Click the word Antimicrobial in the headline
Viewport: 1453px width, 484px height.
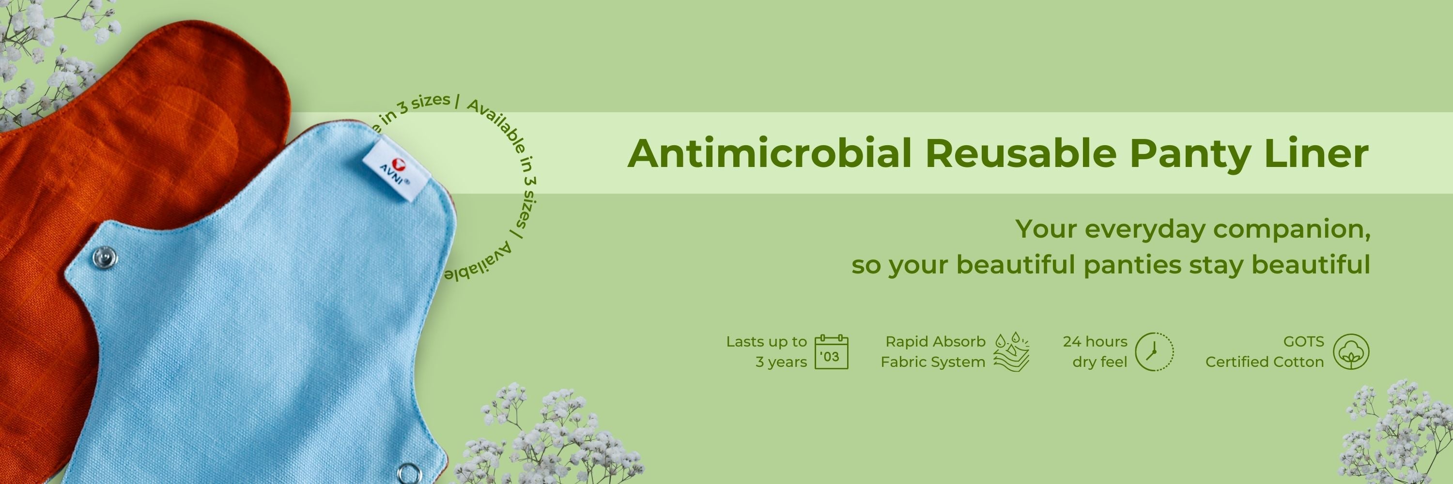click(770, 153)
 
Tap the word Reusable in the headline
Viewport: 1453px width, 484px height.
click(1020, 153)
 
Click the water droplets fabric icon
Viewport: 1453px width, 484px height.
click(1012, 351)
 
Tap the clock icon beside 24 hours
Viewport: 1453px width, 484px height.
click(1154, 351)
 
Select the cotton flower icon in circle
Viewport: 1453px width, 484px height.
click(1351, 351)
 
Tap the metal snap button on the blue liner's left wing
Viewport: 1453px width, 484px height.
click(104, 257)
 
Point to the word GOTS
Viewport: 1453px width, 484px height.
click(1303, 341)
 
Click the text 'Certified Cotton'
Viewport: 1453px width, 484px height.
click(1265, 362)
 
